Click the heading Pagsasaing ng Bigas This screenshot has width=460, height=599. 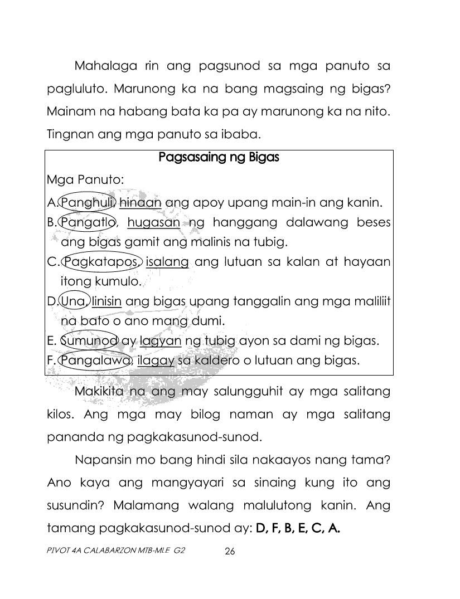[x=219, y=157]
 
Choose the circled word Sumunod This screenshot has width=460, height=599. [x=89, y=340]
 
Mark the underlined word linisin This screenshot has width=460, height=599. [x=107, y=301]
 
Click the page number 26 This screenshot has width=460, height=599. [x=230, y=552]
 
